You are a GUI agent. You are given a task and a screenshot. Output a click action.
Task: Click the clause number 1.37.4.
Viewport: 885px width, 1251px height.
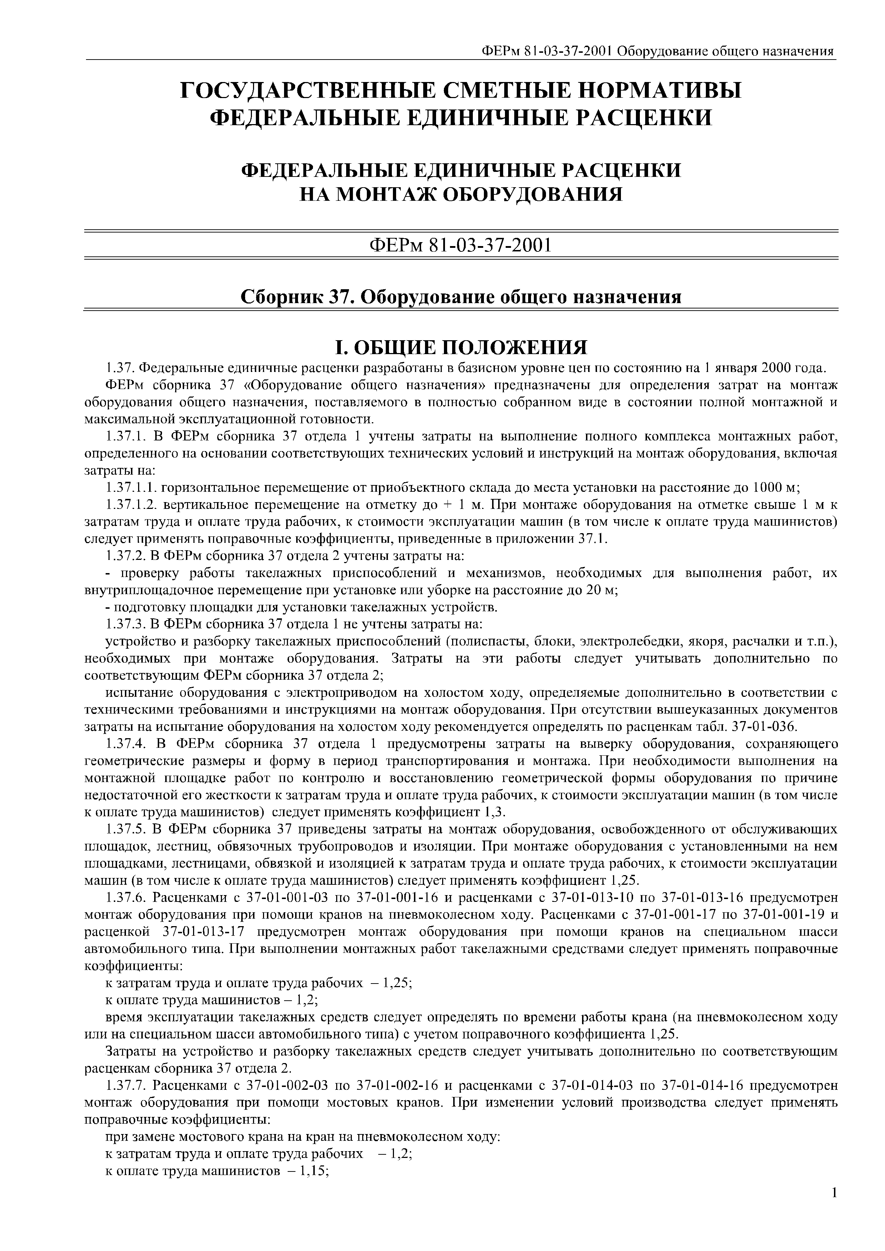pyautogui.click(x=127, y=744)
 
